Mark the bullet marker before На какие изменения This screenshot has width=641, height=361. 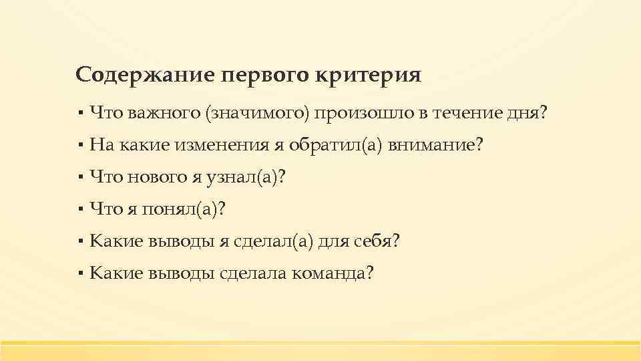[79, 144]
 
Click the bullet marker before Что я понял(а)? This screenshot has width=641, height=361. [79, 209]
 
